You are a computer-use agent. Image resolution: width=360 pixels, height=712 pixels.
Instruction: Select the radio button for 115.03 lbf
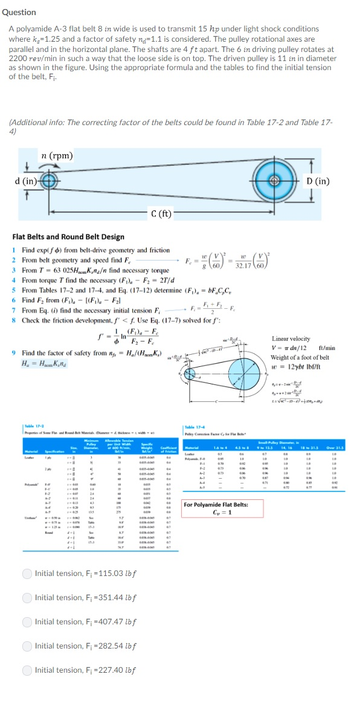27,573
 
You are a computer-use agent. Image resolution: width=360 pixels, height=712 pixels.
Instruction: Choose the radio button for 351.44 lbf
27,597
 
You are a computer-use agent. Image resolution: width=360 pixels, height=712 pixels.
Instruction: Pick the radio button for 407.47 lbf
27,621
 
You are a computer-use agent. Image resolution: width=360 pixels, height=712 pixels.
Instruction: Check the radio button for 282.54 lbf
27,646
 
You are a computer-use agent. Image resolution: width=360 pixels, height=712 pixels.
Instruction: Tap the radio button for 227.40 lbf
27,670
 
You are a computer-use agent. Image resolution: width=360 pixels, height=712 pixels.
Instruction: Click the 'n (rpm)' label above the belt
58,155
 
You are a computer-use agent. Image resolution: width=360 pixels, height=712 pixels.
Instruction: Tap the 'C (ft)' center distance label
161,213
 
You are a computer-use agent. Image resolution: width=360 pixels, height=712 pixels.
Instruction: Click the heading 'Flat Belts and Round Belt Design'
68,237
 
